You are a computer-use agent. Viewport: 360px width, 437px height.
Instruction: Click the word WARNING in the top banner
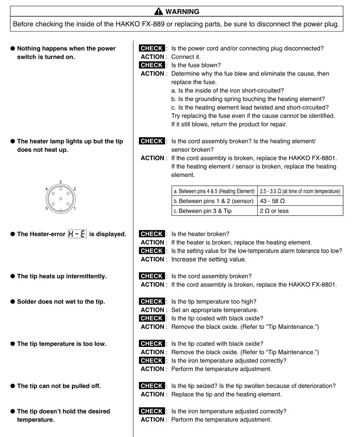click(182, 11)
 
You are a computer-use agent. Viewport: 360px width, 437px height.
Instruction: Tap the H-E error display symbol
click(77, 234)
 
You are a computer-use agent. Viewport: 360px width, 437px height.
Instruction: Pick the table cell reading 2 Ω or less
click(274, 211)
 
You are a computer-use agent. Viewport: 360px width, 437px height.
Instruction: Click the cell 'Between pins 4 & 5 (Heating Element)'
click(214, 191)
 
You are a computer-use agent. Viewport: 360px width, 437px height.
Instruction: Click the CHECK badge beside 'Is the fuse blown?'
click(152, 65)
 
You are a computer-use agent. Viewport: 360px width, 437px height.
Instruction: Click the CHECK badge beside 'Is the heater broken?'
click(152, 234)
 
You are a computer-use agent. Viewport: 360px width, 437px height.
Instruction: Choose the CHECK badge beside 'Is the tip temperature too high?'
click(152, 302)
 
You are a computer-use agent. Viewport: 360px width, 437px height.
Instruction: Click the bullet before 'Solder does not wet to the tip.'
click(12, 302)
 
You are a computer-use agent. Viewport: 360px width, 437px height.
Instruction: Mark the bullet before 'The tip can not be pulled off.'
click(12, 386)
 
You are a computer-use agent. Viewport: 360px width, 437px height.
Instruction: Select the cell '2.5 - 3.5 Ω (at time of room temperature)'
click(300, 191)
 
